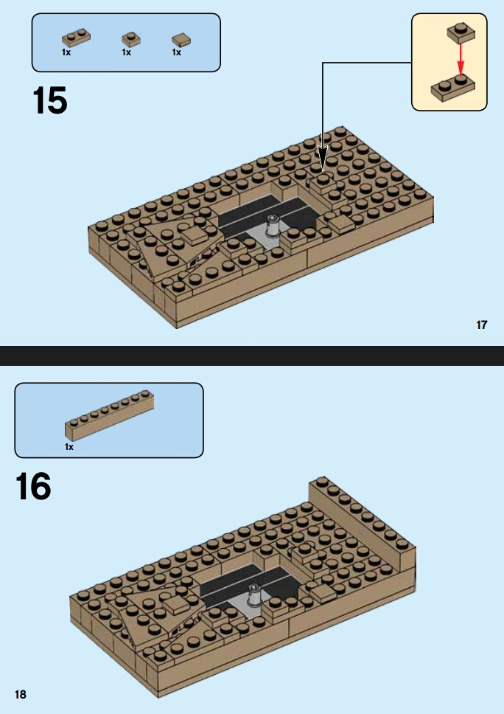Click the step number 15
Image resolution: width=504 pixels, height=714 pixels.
pyautogui.click(x=50, y=100)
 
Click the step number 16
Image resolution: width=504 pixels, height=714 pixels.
pyautogui.click(x=33, y=486)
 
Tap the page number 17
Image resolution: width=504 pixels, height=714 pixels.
pyautogui.click(x=482, y=325)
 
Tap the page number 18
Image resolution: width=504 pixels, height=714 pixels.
pyautogui.click(x=21, y=694)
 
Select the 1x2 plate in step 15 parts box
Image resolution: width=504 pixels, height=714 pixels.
pyautogui.click(x=76, y=38)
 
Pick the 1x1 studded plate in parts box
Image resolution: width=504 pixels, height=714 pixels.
pyautogui.click(x=131, y=39)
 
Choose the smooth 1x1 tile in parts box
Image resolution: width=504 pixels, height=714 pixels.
pyautogui.click(x=181, y=40)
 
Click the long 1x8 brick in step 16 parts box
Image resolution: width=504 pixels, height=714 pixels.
pyautogui.click(x=109, y=415)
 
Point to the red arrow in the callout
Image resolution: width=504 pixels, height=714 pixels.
pyautogui.click(x=461, y=59)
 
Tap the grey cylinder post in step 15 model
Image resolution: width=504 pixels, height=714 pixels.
pyautogui.click(x=272, y=226)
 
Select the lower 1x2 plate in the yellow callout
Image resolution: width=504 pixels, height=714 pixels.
pyautogui.click(x=453, y=88)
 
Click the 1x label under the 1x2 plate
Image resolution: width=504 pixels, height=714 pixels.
pyautogui.click(x=66, y=52)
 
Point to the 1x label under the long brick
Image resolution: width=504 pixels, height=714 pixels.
pyautogui.click(x=69, y=447)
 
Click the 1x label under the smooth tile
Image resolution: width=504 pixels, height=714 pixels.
pyautogui.click(x=177, y=52)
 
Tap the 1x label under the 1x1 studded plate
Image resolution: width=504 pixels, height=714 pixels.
pyautogui.click(x=127, y=52)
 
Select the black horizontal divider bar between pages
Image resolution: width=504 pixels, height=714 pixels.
pyautogui.click(x=252, y=356)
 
